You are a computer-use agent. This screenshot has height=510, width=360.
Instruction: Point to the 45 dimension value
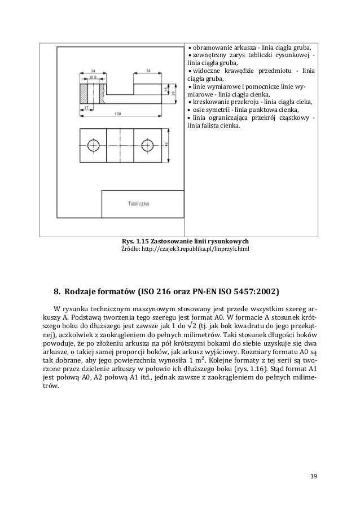click(166, 145)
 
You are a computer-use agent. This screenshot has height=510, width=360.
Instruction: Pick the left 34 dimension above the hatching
click(93, 71)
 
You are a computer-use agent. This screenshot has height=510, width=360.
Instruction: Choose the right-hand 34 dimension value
click(148, 71)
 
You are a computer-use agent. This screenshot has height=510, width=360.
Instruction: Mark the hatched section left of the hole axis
click(85, 90)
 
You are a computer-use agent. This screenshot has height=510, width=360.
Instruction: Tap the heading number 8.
click(56, 293)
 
